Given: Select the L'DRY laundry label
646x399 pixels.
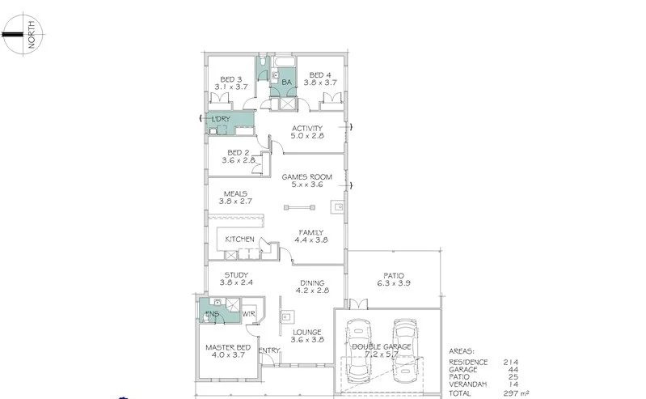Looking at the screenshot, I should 220,120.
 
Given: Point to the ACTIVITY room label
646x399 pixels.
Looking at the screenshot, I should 307,128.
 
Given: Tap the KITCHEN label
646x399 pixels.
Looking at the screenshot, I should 240,240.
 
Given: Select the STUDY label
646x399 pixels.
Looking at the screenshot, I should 237,275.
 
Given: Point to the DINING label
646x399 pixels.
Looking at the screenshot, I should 310,282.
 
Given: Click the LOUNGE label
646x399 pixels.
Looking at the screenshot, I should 307,332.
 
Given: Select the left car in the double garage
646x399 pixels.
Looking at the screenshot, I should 359,350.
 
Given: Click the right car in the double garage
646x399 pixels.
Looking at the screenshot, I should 405,350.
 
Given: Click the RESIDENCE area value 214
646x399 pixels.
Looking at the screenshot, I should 510,362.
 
